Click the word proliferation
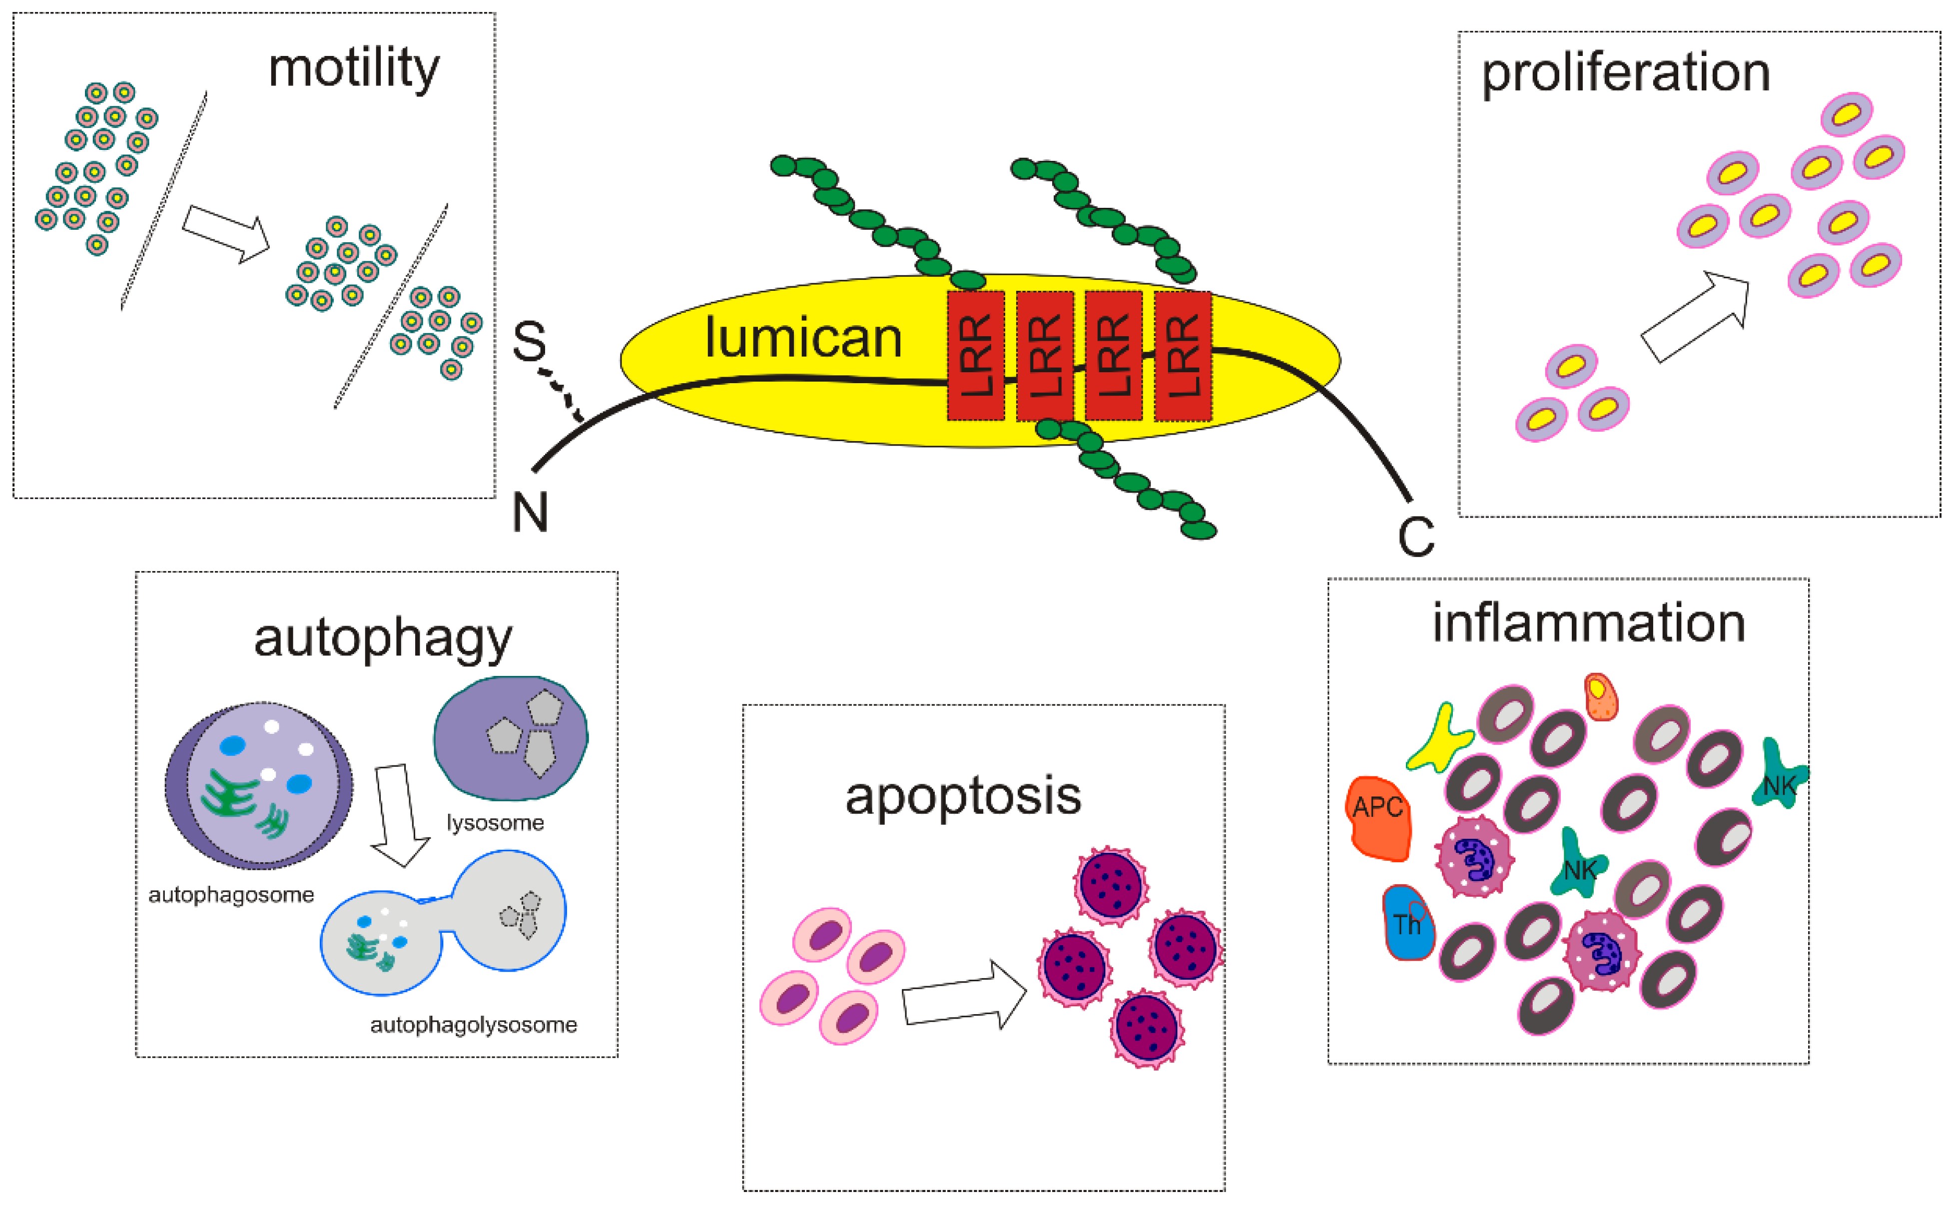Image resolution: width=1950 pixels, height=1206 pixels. tap(1625, 73)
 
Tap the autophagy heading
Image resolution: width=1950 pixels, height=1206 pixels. tap(383, 639)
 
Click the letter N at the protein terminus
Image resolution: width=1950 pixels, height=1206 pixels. tap(530, 513)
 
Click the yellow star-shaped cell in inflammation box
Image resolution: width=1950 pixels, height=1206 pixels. tap(1438, 738)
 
